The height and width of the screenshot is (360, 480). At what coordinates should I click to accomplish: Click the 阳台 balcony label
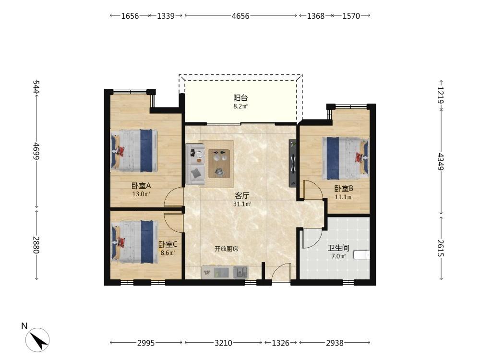click(240, 98)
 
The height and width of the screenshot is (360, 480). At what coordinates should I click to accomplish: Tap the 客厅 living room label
click(242, 195)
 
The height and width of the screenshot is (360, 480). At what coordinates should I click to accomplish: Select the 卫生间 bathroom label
click(338, 248)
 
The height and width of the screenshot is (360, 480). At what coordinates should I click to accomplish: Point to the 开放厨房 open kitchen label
click(227, 249)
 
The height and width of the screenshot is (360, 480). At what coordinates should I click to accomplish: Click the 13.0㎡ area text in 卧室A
click(141, 194)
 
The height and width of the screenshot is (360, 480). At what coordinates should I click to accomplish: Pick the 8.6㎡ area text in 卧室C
click(168, 253)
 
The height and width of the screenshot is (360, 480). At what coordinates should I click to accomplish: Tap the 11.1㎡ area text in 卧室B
click(344, 197)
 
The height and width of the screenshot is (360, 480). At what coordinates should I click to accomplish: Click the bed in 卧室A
click(134, 150)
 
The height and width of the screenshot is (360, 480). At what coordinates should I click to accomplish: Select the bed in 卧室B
click(345, 158)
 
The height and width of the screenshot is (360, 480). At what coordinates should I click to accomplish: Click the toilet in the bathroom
click(361, 255)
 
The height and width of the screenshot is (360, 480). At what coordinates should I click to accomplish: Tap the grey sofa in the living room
click(195, 164)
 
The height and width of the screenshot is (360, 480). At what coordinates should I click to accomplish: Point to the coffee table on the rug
click(219, 164)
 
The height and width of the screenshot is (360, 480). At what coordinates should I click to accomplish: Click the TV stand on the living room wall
click(293, 164)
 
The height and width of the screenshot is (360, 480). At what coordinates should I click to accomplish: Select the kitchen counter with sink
click(225, 272)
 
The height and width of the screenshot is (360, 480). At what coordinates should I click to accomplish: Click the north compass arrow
click(38, 340)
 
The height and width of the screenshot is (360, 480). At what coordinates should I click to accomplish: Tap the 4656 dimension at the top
click(240, 16)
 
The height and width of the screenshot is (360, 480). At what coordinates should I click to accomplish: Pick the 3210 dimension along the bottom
click(223, 343)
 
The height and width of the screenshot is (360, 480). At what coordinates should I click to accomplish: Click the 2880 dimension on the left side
click(36, 245)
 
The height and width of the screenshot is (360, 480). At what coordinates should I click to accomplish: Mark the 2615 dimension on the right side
click(440, 248)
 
